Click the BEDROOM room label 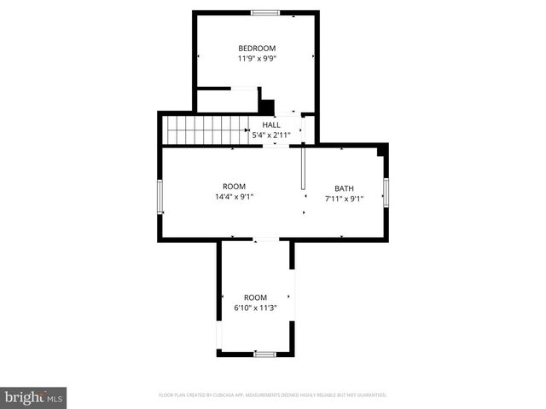click(x=257, y=48)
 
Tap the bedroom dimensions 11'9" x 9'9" click(x=257, y=59)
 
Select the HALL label click(x=271, y=125)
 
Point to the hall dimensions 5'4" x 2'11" click(x=271, y=135)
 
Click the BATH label click(x=344, y=188)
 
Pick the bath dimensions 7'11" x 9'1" click(x=344, y=199)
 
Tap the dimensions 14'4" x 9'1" click(x=235, y=197)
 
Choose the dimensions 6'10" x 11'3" click(x=256, y=308)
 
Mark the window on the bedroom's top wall click(x=265, y=12)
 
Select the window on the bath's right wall click(x=386, y=193)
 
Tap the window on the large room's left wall click(x=159, y=195)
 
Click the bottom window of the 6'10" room click(x=265, y=353)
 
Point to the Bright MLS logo click(x=34, y=397)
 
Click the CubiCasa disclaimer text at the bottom click(x=273, y=395)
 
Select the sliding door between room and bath click(x=302, y=170)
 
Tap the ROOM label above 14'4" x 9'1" click(x=235, y=187)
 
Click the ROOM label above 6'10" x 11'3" click(x=256, y=297)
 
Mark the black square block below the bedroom click(x=267, y=107)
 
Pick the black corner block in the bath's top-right click(x=382, y=150)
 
